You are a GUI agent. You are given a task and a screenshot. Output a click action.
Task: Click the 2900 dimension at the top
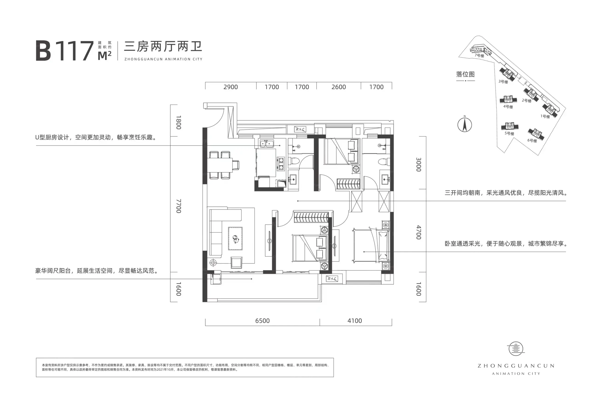tap(230, 87)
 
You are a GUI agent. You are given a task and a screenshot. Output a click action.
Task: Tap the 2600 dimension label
tap(338, 87)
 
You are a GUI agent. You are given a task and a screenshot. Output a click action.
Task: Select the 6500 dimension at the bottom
tap(262, 321)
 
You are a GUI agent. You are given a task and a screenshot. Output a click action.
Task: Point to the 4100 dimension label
tap(355, 321)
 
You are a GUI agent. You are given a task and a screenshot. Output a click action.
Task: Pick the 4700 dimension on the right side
tap(419, 232)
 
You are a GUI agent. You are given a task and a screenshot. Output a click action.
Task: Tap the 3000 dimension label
tap(419, 164)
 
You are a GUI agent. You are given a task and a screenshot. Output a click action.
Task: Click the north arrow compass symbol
tap(464, 124)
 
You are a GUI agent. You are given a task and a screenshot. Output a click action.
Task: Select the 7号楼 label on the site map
tap(479, 55)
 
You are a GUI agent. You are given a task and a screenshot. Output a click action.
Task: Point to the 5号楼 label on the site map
tap(509, 133)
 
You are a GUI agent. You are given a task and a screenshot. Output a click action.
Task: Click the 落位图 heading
tap(466, 74)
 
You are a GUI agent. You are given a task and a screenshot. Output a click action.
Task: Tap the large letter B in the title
tap(43, 51)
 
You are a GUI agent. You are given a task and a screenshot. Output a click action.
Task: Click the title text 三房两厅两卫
tap(163, 47)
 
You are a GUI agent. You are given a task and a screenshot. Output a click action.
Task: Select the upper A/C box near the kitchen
tap(300, 129)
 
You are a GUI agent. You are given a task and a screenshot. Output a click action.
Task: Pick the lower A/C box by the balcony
tap(332, 279)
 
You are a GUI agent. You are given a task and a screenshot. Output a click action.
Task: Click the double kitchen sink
tap(267, 143)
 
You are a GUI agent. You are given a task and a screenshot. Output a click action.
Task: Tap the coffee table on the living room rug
tap(235, 238)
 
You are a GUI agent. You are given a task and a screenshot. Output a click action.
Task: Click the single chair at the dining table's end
tap(236, 165)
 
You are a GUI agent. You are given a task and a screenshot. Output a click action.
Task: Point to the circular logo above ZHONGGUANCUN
tap(516, 348)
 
